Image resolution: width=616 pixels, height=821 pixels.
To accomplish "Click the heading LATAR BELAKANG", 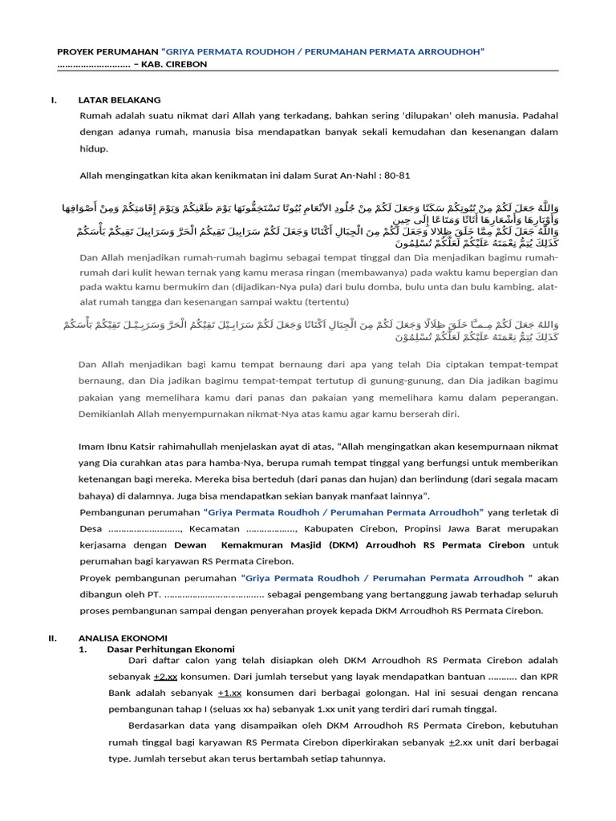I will tap(120, 100).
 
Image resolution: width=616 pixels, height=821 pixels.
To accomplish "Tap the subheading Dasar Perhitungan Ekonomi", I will tap(171, 649).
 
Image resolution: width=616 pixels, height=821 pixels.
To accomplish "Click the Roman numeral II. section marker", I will tap(54, 637).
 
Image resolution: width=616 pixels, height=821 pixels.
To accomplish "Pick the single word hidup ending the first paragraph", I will tap(93, 149).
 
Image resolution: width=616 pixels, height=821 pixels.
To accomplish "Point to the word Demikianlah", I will tap(107, 414).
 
